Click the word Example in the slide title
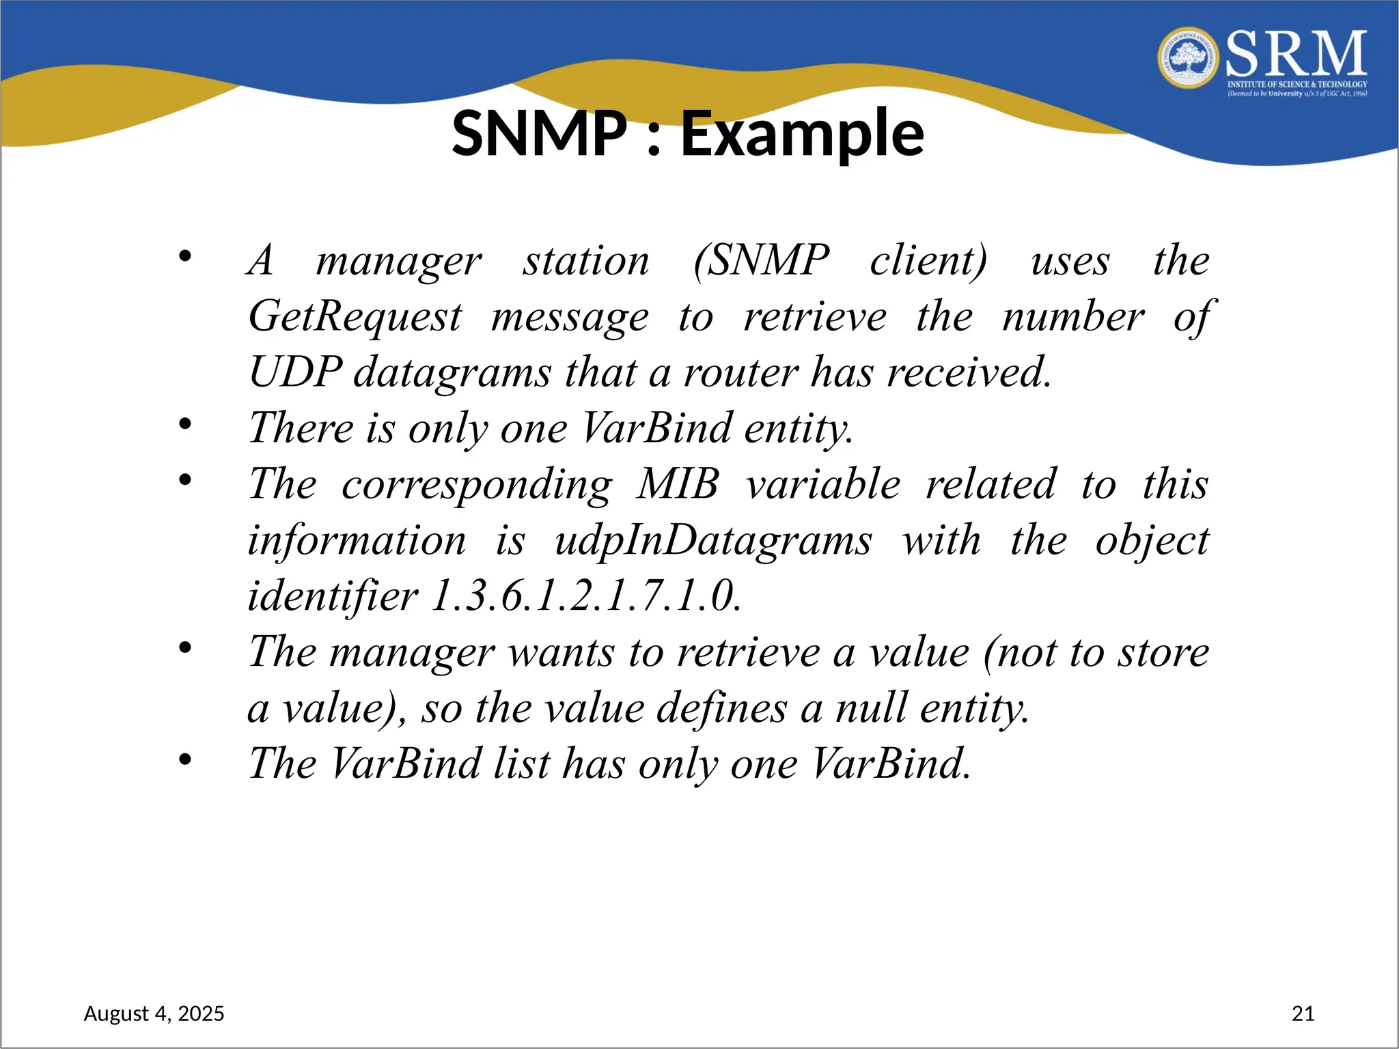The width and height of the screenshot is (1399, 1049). [802, 134]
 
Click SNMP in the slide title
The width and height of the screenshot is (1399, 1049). [540, 134]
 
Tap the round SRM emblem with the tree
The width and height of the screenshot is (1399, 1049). [1189, 59]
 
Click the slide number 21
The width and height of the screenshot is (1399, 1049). [1303, 1013]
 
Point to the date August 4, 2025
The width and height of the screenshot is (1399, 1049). [154, 1013]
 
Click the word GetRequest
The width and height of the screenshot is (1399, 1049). [355, 317]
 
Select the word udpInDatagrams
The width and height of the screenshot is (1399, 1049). [713, 541]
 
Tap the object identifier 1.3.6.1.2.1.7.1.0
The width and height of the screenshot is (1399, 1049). [586, 596]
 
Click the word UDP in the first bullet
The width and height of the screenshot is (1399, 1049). [295, 373]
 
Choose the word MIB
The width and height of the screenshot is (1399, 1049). [678, 485]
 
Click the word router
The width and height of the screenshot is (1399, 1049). [740, 373]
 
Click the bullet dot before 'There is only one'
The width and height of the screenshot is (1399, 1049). [185, 424]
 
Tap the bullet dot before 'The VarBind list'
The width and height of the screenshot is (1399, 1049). [185, 759]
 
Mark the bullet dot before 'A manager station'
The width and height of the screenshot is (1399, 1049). [185, 257]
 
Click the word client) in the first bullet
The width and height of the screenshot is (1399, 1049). [928, 261]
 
